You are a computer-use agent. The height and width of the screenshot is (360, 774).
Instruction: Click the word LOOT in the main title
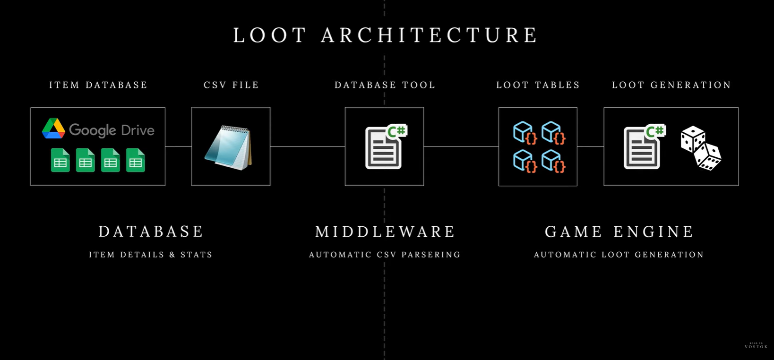270,35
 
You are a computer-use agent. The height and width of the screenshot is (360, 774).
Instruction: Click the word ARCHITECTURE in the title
430,35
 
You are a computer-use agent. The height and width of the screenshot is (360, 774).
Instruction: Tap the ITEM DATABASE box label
98,85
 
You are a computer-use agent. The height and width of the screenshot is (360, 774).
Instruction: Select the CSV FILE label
231,85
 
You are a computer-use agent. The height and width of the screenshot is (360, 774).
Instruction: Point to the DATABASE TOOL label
385,85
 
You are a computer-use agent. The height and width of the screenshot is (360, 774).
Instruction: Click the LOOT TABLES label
538,85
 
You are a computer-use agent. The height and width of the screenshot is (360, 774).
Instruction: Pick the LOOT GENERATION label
671,85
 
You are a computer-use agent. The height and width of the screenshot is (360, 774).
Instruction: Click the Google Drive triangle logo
53,129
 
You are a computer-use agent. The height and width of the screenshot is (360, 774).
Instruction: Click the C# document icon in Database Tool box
385,147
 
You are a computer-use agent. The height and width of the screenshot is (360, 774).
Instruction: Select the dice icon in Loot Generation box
701,148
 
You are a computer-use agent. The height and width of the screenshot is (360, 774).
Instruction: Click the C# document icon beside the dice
643,147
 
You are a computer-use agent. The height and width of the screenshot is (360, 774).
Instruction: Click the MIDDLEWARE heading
385,231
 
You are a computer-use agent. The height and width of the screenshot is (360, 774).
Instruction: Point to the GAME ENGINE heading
619,231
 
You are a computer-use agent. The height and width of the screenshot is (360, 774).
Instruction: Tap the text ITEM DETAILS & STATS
151,255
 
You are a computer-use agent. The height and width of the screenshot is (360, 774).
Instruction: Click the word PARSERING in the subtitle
430,255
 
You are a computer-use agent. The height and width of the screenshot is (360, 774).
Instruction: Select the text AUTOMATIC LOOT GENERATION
619,255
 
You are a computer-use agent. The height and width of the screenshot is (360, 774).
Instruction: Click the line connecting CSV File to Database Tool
308,146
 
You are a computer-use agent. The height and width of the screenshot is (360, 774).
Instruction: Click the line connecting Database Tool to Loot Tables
461,146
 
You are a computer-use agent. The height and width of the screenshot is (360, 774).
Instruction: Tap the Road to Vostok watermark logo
756,346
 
